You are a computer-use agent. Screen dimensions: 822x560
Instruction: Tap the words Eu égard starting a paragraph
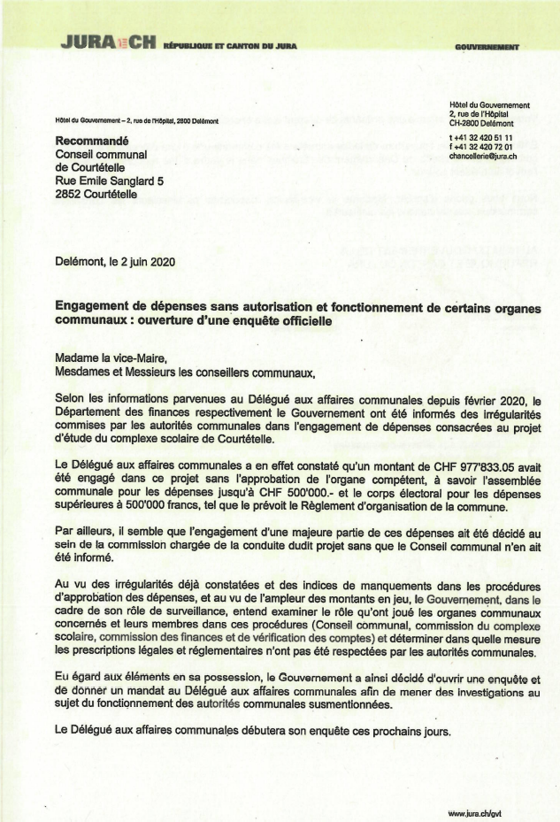click(x=78, y=677)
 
